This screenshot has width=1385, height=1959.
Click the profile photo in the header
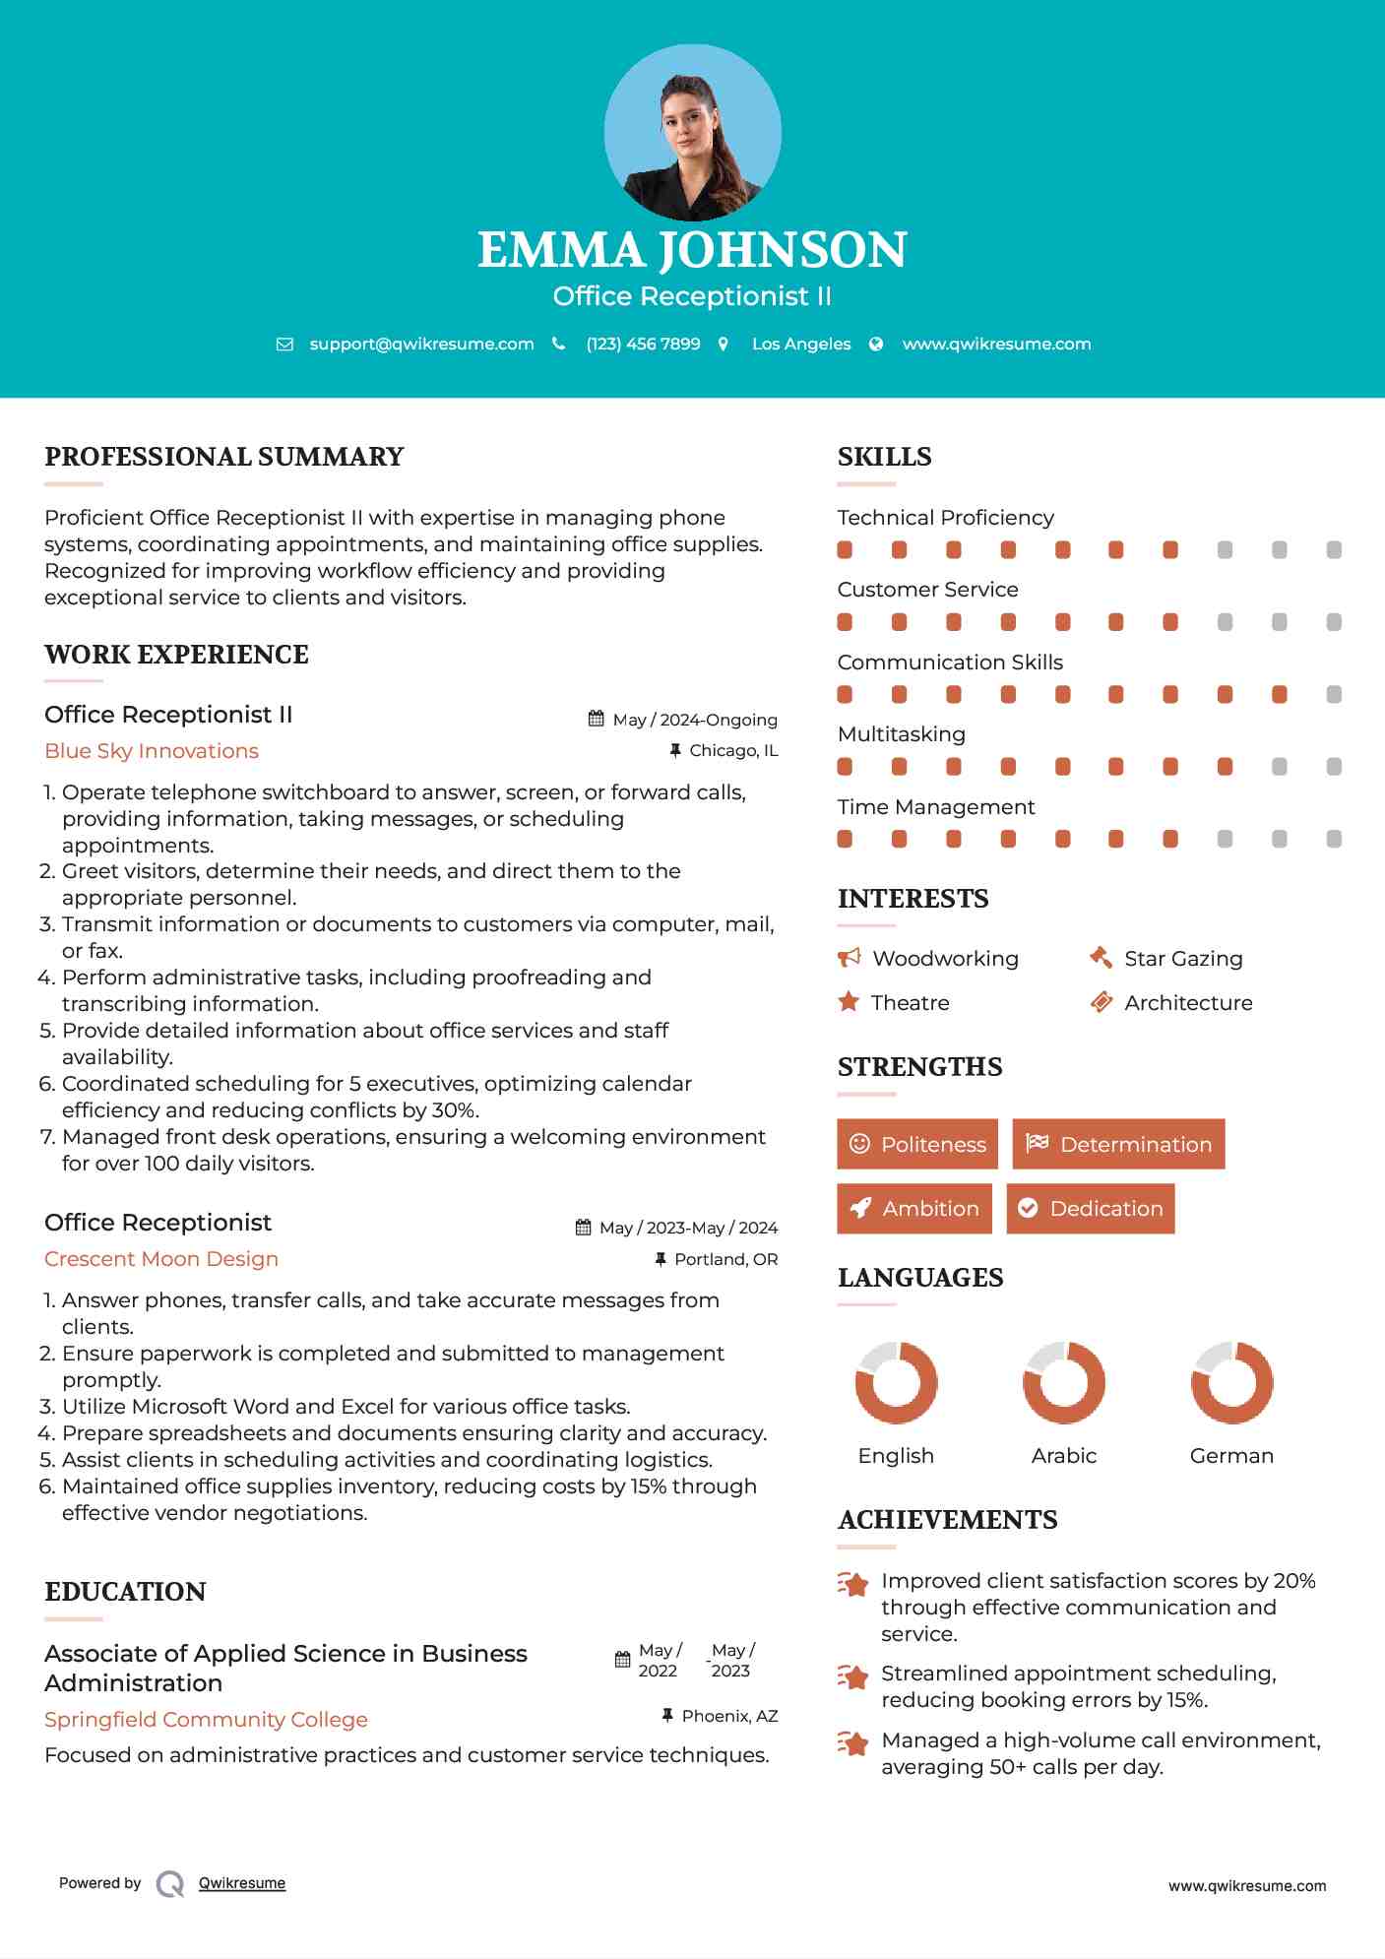(692, 133)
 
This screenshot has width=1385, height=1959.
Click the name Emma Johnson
(692, 250)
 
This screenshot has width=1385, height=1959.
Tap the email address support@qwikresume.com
(421, 345)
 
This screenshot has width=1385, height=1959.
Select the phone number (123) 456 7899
(643, 345)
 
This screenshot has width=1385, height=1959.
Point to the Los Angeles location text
(801, 345)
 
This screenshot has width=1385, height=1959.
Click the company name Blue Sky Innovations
(152, 751)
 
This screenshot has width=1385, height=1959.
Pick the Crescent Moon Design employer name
(161, 1259)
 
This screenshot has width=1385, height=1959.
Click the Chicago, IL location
(733, 751)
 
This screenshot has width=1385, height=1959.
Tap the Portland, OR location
(725, 1259)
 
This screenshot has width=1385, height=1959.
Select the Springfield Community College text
(206, 1720)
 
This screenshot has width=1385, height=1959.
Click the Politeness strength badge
(917, 1144)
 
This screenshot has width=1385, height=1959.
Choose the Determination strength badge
(1118, 1144)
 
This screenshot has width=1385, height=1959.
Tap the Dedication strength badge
(1091, 1209)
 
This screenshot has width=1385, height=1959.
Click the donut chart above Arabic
(1064, 1382)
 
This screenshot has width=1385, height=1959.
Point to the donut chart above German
(1231, 1382)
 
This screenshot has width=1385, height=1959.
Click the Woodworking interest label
(945, 959)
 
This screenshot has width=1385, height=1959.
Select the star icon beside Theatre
(849, 1002)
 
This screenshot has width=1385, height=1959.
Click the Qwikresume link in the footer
(242, 1883)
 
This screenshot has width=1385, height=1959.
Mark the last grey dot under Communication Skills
(1334, 695)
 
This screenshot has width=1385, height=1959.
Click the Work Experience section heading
(177, 655)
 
